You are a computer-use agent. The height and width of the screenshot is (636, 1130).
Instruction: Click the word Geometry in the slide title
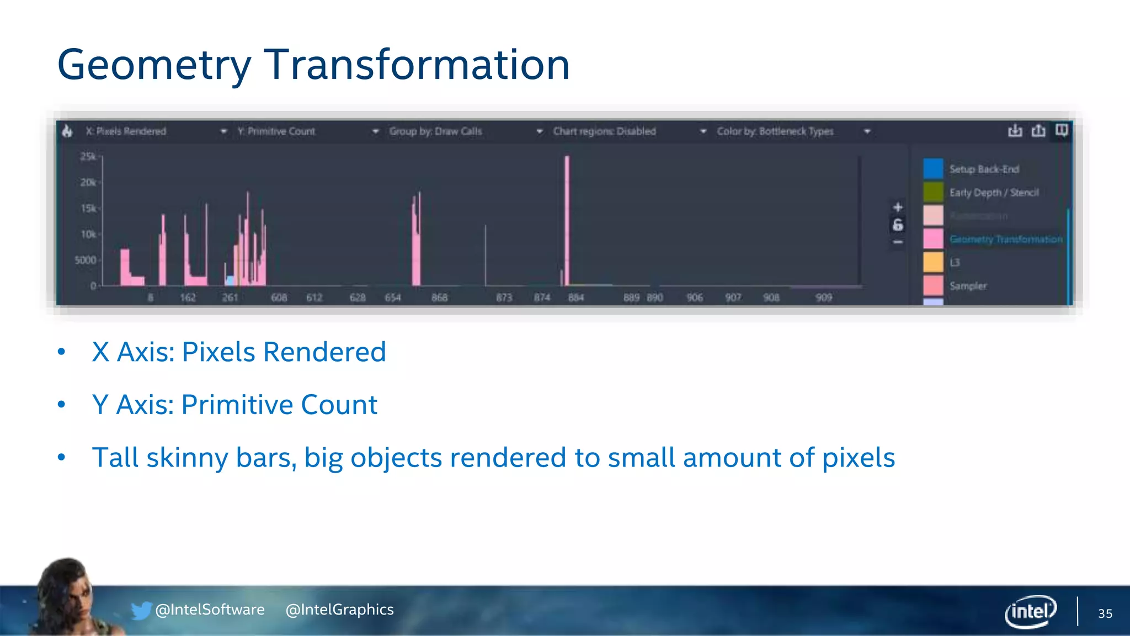(153, 65)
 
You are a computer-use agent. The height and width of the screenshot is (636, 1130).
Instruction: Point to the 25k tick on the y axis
(88, 157)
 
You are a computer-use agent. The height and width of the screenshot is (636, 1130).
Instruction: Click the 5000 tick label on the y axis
(86, 260)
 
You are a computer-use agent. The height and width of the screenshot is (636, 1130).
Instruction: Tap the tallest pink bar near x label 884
(567, 221)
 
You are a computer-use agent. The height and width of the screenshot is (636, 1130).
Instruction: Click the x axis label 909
(824, 298)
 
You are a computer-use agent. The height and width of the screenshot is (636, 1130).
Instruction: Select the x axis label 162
(188, 298)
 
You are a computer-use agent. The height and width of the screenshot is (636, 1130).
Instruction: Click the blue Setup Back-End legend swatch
(933, 169)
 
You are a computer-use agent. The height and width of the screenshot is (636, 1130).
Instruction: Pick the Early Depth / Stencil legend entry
(994, 193)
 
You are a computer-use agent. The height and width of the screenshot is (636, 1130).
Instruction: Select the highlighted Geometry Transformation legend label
(1006, 239)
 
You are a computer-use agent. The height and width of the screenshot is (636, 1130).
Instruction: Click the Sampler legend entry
(968, 286)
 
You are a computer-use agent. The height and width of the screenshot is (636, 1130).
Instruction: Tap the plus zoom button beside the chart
(898, 207)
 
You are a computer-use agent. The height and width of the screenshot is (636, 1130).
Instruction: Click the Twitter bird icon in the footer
(141, 610)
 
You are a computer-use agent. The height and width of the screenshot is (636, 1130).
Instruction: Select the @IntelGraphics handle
(339, 609)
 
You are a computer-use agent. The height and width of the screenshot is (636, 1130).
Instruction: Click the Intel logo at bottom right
(1031, 611)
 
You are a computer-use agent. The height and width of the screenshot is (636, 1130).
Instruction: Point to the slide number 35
(1105, 613)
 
